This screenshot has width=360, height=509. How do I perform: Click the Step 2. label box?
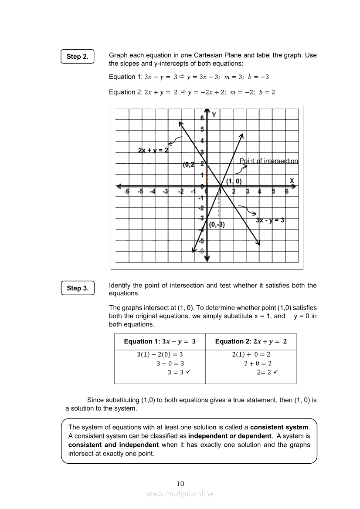pos(78,57)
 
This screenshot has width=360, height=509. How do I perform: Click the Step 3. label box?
pos(78,288)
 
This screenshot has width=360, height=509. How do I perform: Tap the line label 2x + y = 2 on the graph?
pos(153,150)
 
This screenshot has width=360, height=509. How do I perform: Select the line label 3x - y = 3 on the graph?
pos(270,220)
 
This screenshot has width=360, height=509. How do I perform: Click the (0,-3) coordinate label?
pos(217,225)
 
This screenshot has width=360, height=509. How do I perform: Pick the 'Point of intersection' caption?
pos(268,161)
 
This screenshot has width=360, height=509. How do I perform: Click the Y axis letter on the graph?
pos(214,115)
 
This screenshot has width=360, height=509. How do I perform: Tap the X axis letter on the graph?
pos(292,181)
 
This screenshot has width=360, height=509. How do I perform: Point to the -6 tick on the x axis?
pos(126,192)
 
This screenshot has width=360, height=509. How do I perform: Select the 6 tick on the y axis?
pos(202,118)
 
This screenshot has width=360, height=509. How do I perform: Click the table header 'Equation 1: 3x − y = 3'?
pos(160,342)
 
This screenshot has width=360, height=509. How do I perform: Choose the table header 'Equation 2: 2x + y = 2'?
pos(251,342)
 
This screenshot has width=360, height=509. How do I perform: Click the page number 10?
pos(180,483)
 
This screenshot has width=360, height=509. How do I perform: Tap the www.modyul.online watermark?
pos(180,494)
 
